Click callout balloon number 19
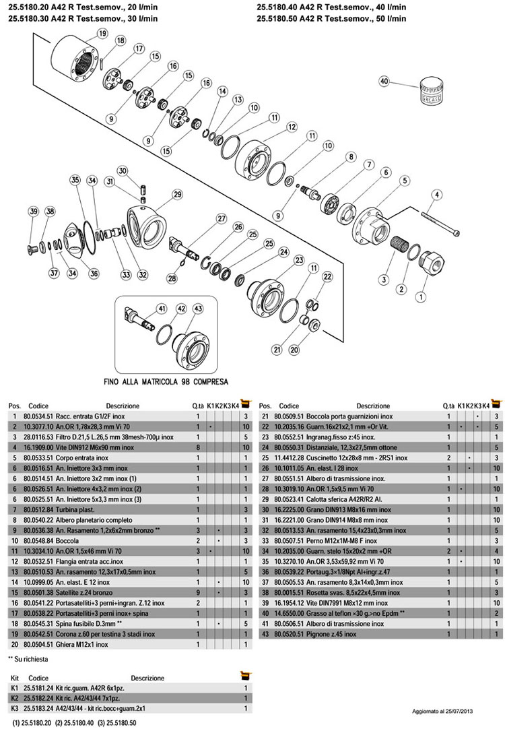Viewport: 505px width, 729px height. tap(102, 33)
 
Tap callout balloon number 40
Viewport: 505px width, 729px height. tap(385, 81)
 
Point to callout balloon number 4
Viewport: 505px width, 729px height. tap(437, 195)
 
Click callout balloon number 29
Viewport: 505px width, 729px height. tap(178, 195)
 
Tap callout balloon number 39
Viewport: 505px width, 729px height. tap(34, 212)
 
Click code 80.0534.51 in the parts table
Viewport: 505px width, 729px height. tap(40, 416)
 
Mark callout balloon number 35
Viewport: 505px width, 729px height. tap(75, 180)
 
